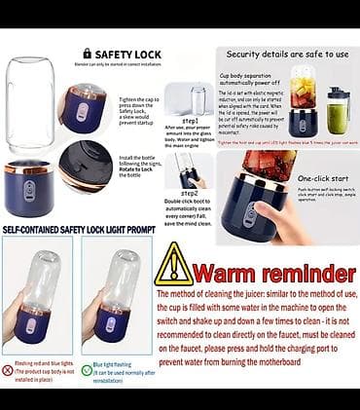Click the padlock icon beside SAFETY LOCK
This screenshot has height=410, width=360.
pyautogui.click(x=88, y=54)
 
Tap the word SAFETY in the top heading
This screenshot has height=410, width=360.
pyautogui.click(x=113, y=54)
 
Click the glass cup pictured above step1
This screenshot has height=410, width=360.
pyautogui.click(x=198, y=100)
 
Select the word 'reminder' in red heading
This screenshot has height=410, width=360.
pyautogui.click(x=306, y=272)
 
